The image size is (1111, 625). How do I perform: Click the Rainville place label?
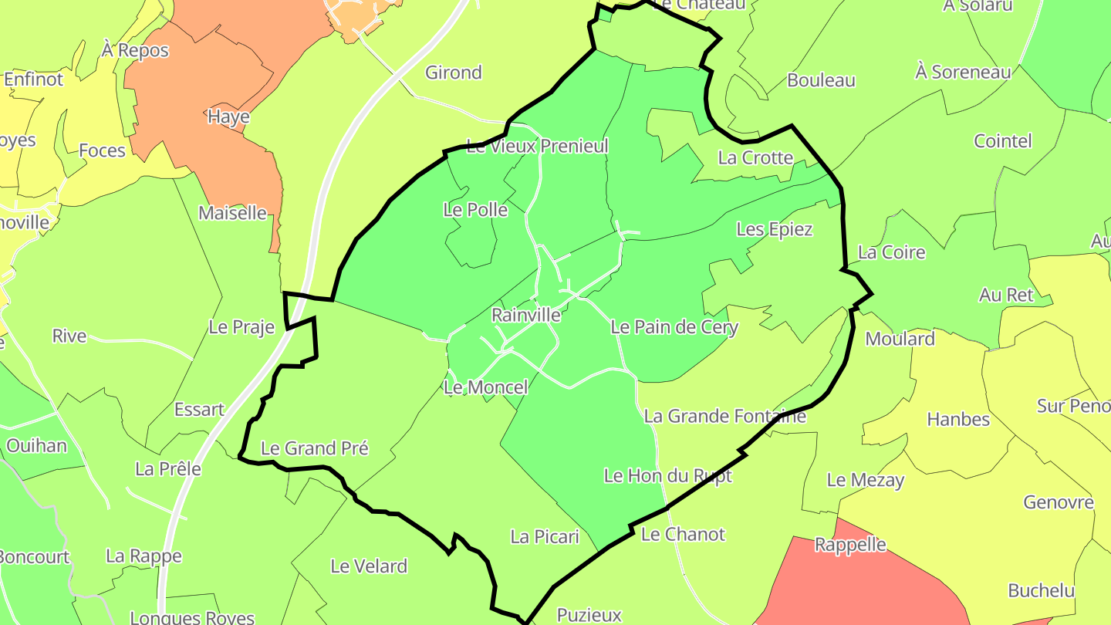point(525,315)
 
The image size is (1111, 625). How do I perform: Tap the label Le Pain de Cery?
point(674,327)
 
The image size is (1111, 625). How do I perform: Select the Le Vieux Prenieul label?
point(538,146)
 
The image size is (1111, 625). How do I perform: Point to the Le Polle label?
point(475,210)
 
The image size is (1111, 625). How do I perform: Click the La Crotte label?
point(755,158)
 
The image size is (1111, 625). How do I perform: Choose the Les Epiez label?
point(775,229)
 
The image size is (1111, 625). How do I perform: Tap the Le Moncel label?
point(486,387)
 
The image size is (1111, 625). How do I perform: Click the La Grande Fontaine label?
point(724,417)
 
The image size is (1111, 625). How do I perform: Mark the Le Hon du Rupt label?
point(667,476)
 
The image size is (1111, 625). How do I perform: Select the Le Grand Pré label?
point(315,448)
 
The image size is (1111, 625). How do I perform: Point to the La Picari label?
point(545,536)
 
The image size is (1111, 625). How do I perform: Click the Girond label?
point(454,73)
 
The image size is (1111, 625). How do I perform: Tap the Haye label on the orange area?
point(228,117)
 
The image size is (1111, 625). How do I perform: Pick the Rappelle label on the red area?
point(850,545)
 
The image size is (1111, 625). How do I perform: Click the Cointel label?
point(1002,141)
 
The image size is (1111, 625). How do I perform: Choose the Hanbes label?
point(958,420)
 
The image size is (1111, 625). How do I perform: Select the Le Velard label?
point(369,566)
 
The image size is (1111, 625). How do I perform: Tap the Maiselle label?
point(232,213)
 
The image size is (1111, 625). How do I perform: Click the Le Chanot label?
point(683,534)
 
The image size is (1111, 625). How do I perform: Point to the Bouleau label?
point(821,80)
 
